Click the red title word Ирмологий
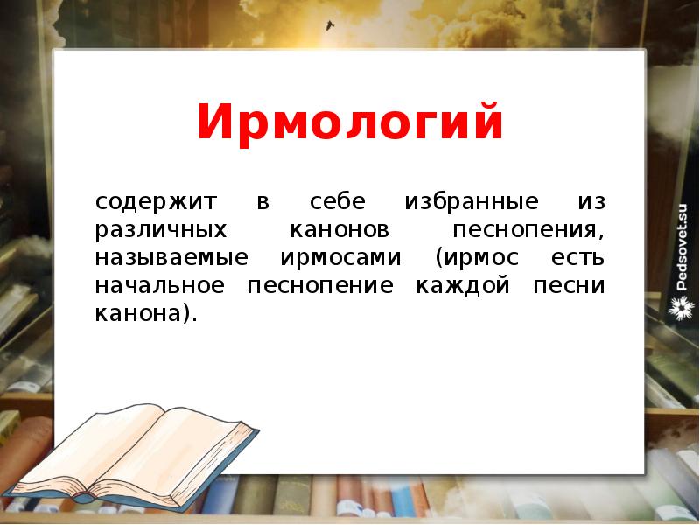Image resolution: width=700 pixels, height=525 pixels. pyautogui.click(x=350, y=122)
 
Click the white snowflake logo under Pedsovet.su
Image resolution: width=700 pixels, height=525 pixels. pyautogui.click(x=682, y=307)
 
